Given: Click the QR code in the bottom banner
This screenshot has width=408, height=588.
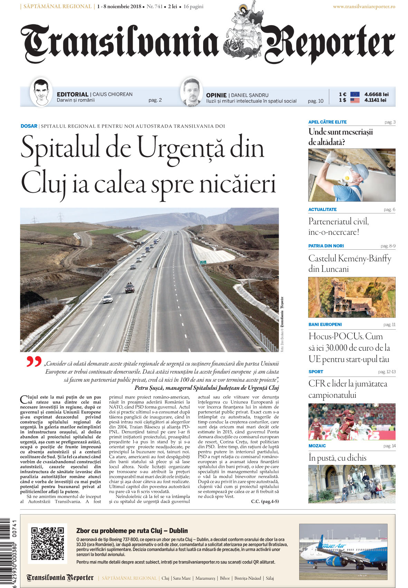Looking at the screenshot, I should pyautogui.click(x=48, y=543).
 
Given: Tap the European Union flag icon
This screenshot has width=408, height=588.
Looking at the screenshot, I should pyautogui.click(x=355, y=94).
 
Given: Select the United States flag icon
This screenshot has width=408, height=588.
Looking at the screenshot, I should pyautogui.click(x=355, y=100).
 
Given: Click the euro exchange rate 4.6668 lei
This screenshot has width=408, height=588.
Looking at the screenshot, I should pyautogui.click(x=376, y=94).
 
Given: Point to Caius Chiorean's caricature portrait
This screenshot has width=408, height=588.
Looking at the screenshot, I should pyautogui.click(x=41, y=92).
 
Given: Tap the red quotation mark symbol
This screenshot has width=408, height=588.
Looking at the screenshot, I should pyautogui.click(x=34, y=361).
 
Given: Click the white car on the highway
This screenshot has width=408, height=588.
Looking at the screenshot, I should pyautogui.click(x=108, y=299).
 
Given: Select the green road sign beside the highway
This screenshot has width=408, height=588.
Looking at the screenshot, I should pyautogui.click(x=203, y=263).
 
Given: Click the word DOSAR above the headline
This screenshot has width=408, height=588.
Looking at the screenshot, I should pyautogui.click(x=29, y=126).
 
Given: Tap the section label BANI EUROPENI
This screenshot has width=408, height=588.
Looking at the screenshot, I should pyautogui.click(x=325, y=324).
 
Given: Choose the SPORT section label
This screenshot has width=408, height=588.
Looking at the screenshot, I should pyautogui.click(x=316, y=372).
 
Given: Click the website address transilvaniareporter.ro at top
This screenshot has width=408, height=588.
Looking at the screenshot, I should pyautogui.click(x=364, y=7).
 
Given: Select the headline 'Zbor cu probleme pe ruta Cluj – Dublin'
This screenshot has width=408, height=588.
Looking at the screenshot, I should pyautogui.click(x=132, y=531).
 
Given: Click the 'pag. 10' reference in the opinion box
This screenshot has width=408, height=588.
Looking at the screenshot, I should pyautogui.click(x=315, y=101).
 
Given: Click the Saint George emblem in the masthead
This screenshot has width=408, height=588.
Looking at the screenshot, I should pyautogui.click(x=241, y=33).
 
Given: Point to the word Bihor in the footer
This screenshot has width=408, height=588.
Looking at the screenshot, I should pyautogui.click(x=225, y=578).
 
